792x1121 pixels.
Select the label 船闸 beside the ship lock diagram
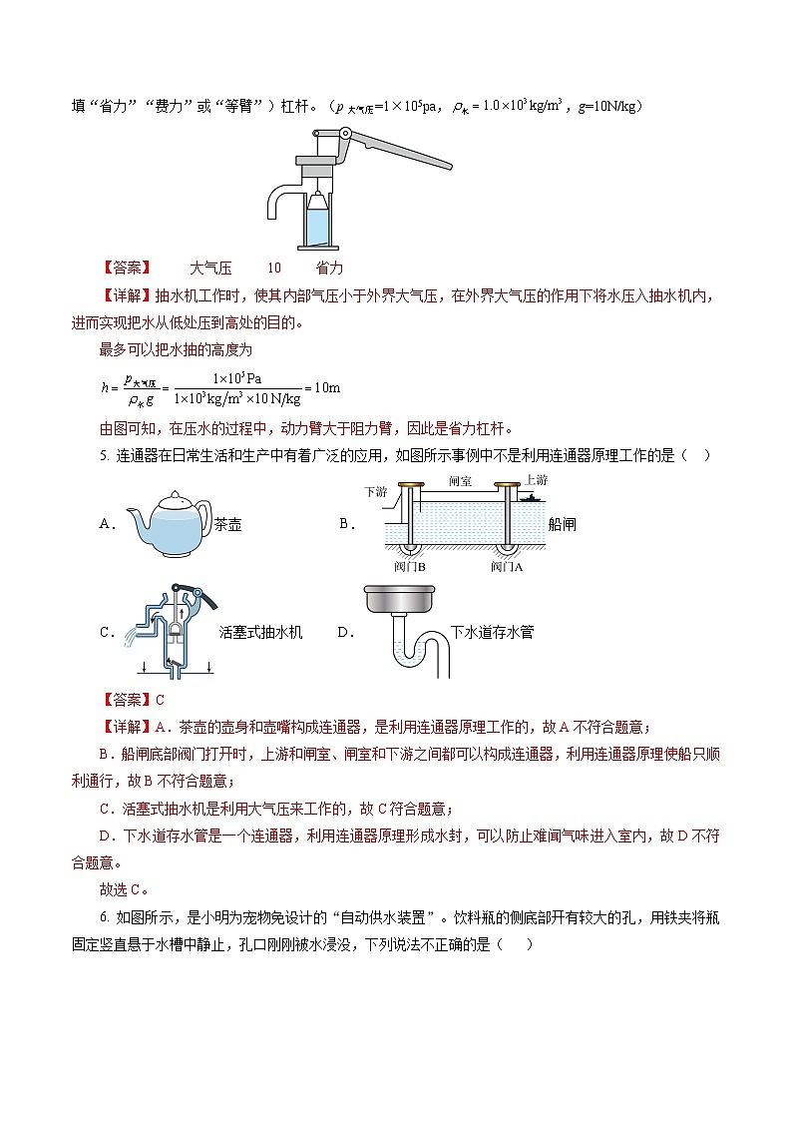562,523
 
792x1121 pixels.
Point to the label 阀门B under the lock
410,566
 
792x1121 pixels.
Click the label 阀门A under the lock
507,566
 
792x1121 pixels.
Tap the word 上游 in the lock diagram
537,480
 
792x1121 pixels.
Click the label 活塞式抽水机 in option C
260,632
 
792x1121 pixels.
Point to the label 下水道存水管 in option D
493,632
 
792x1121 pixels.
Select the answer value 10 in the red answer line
274,268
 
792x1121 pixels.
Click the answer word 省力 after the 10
329,268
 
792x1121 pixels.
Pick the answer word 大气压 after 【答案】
210,268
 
